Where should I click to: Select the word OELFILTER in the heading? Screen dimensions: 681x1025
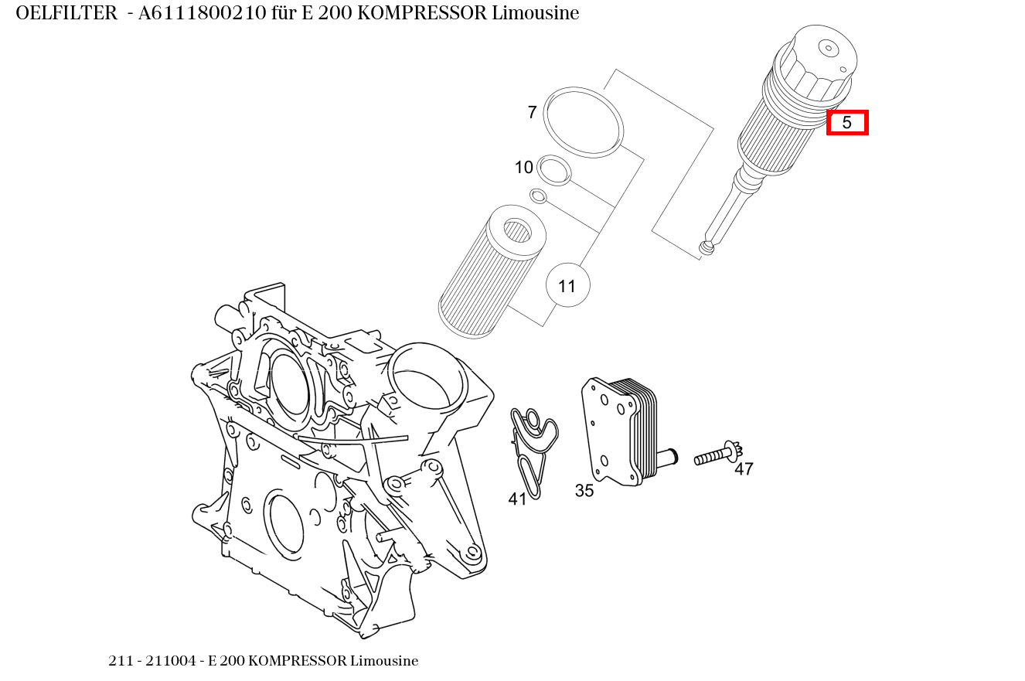66,13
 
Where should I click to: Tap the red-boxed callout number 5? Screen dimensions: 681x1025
847,122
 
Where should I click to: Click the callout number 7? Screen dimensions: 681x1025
532,113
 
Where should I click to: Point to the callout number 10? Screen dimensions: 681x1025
524,167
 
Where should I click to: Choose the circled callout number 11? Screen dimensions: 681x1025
567,286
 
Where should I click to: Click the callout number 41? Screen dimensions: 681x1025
517,499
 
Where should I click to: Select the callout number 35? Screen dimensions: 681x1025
584,491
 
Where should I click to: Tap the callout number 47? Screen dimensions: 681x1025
744,469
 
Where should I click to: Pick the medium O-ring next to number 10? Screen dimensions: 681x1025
553,170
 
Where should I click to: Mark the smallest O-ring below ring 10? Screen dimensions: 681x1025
538,196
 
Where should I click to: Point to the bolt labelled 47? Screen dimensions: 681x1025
716,455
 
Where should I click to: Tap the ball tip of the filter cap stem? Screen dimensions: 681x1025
706,247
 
